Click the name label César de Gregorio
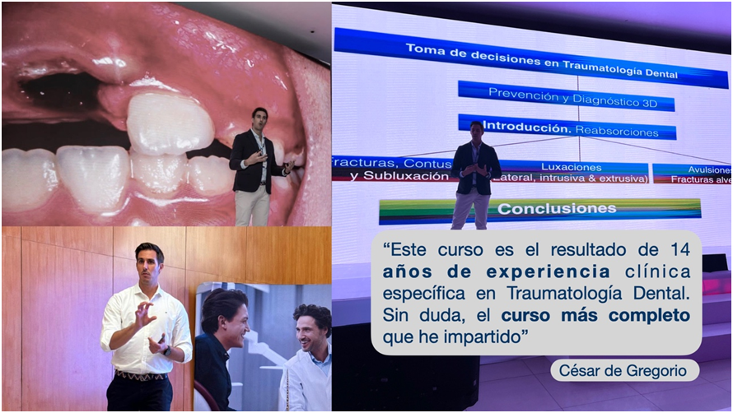coord(624,371)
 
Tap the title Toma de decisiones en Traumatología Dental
coord(541,62)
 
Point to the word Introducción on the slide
coord(524,127)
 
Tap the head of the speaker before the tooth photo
coord(259,118)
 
